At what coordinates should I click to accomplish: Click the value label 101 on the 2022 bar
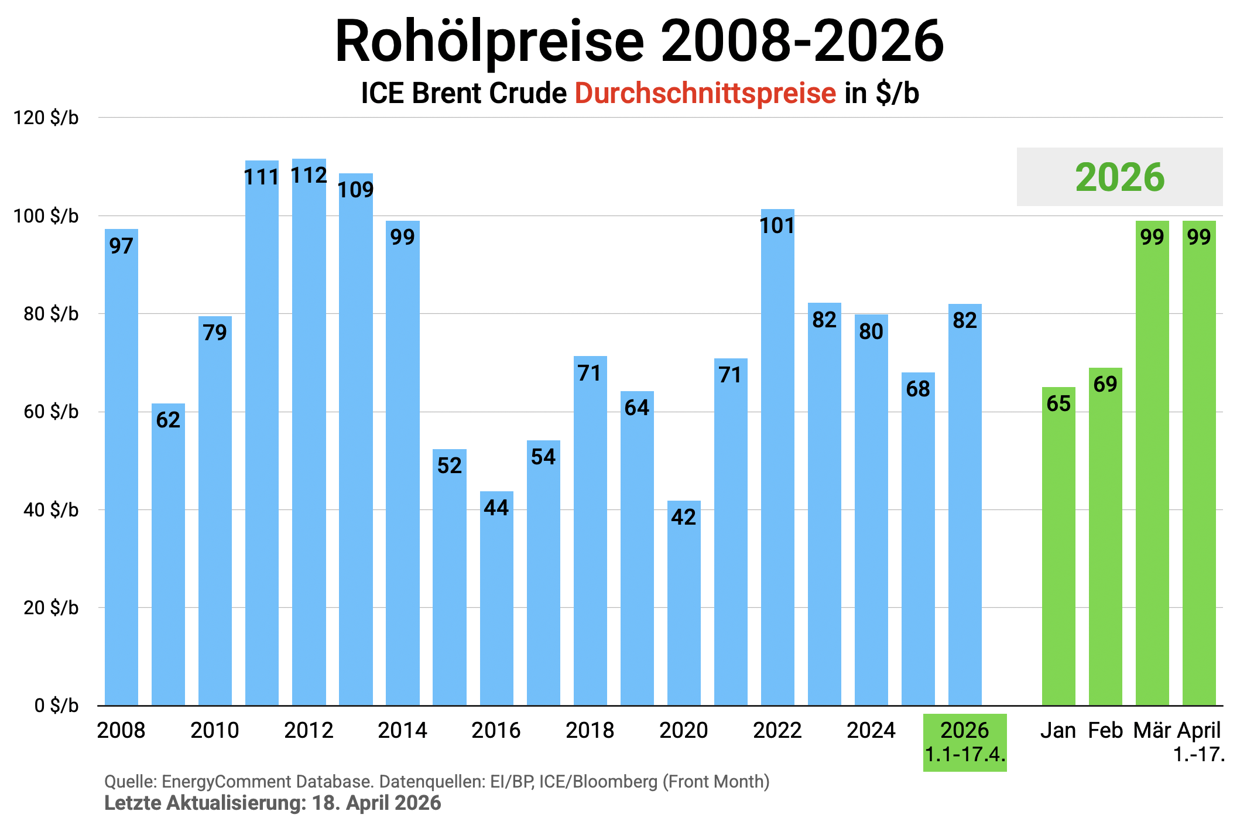tap(777, 226)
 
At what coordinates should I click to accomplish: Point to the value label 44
tap(496, 508)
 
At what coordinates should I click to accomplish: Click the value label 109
tap(355, 190)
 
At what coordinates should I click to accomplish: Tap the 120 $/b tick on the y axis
tap(46, 118)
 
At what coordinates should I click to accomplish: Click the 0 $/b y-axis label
tap(56, 706)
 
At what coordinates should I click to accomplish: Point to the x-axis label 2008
tap(121, 731)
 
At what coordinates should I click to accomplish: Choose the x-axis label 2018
tap(590, 731)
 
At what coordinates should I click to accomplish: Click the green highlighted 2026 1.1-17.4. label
tap(965, 742)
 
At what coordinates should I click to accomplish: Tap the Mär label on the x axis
tap(1152, 731)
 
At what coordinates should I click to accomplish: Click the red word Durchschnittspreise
tap(705, 94)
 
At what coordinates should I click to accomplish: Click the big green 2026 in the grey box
tap(1119, 177)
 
